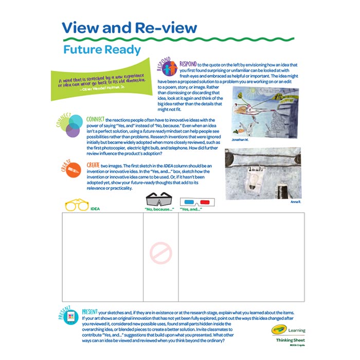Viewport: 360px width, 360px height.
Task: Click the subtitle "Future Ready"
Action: (x=102, y=50)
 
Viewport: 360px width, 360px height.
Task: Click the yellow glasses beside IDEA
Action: (x=77, y=205)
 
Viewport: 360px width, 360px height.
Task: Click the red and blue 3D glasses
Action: (x=197, y=203)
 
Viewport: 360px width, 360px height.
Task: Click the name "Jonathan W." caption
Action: (x=241, y=139)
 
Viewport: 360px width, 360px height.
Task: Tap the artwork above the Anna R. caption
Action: (x=263, y=174)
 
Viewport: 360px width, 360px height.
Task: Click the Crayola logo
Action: (x=278, y=329)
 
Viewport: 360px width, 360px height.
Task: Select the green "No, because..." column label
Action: (x=159, y=209)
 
